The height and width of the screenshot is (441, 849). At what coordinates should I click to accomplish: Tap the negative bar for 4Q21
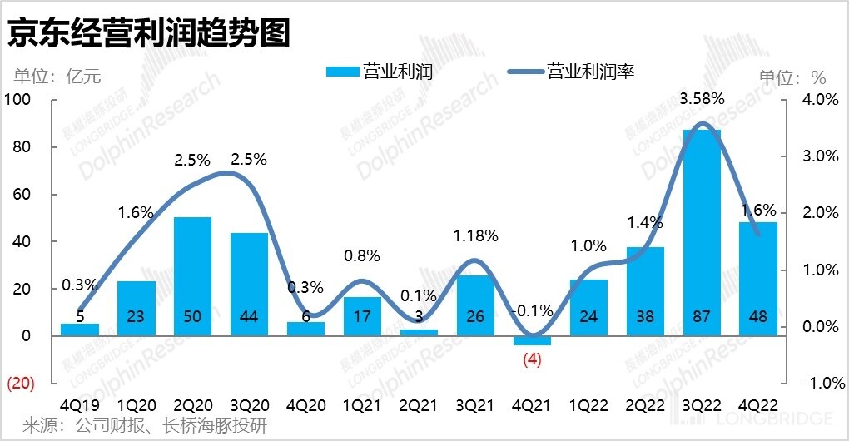[x=532, y=340]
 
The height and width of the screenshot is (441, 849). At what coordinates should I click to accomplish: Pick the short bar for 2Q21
[x=419, y=332]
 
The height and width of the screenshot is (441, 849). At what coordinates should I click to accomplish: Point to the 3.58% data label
[x=703, y=99]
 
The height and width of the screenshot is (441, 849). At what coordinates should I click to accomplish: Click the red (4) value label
[x=532, y=360]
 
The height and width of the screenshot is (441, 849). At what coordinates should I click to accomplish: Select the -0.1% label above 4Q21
[x=533, y=310]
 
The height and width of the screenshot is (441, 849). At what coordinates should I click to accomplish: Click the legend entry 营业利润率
[x=591, y=72]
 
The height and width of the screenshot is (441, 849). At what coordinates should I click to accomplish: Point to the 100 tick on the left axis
[x=17, y=100]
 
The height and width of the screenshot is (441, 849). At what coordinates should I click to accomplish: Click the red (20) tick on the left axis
[x=20, y=384]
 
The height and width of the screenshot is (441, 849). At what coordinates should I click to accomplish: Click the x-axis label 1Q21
[x=362, y=405]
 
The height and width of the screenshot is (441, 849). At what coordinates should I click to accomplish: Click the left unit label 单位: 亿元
[x=57, y=77]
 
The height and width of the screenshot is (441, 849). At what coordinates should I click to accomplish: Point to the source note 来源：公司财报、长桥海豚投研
[x=146, y=426]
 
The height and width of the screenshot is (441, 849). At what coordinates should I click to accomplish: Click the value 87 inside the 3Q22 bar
[x=702, y=316]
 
